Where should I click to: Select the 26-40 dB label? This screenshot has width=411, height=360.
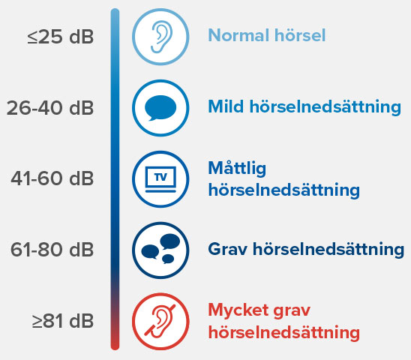(51, 108)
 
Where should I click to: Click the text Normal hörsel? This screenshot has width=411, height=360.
(266, 35)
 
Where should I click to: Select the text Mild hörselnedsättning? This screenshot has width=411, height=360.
(304, 106)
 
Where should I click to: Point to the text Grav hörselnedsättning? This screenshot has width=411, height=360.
(306, 248)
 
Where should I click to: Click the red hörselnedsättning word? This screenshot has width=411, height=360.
(283, 331)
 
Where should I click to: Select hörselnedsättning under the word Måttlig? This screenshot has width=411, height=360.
(283, 189)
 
